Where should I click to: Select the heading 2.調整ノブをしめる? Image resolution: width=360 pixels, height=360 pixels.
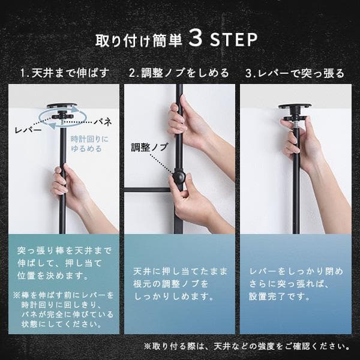pyautogui.click(x=179, y=73)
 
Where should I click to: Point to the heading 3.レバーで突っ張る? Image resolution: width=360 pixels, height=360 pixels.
pyautogui.click(x=295, y=73)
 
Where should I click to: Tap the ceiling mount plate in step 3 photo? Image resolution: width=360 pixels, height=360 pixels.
pyautogui.click(x=294, y=109)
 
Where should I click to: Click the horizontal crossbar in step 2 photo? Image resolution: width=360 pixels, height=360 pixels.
pyautogui.click(x=150, y=190)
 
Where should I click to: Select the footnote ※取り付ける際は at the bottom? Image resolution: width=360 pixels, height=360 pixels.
pyautogui.click(x=247, y=346)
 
